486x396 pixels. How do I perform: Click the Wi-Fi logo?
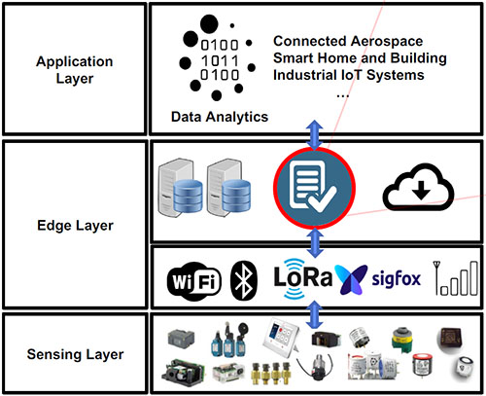[x=194, y=281]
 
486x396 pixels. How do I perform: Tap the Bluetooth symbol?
[x=244, y=280]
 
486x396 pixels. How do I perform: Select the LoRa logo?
[x=302, y=278]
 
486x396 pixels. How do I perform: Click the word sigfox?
[x=396, y=278]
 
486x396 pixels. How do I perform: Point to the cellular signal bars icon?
[x=456, y=278]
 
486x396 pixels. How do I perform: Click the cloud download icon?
[x=418, y=187]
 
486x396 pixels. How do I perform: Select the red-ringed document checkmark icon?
[x=314, y=188]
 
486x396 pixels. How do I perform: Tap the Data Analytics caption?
[x=220, y=117]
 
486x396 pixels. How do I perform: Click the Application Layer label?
[x=75, y=70]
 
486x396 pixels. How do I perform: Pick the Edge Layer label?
[x=75, y=226]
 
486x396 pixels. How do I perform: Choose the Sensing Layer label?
[x=75, y=354]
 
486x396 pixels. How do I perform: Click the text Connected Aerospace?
[x=348, y=41]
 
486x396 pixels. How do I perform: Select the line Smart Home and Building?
[x=360, y=58]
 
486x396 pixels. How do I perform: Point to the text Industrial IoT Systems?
[x=349, y=75]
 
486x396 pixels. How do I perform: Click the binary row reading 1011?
[x=220, y=60]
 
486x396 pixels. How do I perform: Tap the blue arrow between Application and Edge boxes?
[x=315, y=134]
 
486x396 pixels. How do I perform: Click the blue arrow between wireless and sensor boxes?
[x=315, y=314]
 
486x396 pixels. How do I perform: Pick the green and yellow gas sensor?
[x=401, y=339]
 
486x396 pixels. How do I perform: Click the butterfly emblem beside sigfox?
[x=351, y=279]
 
